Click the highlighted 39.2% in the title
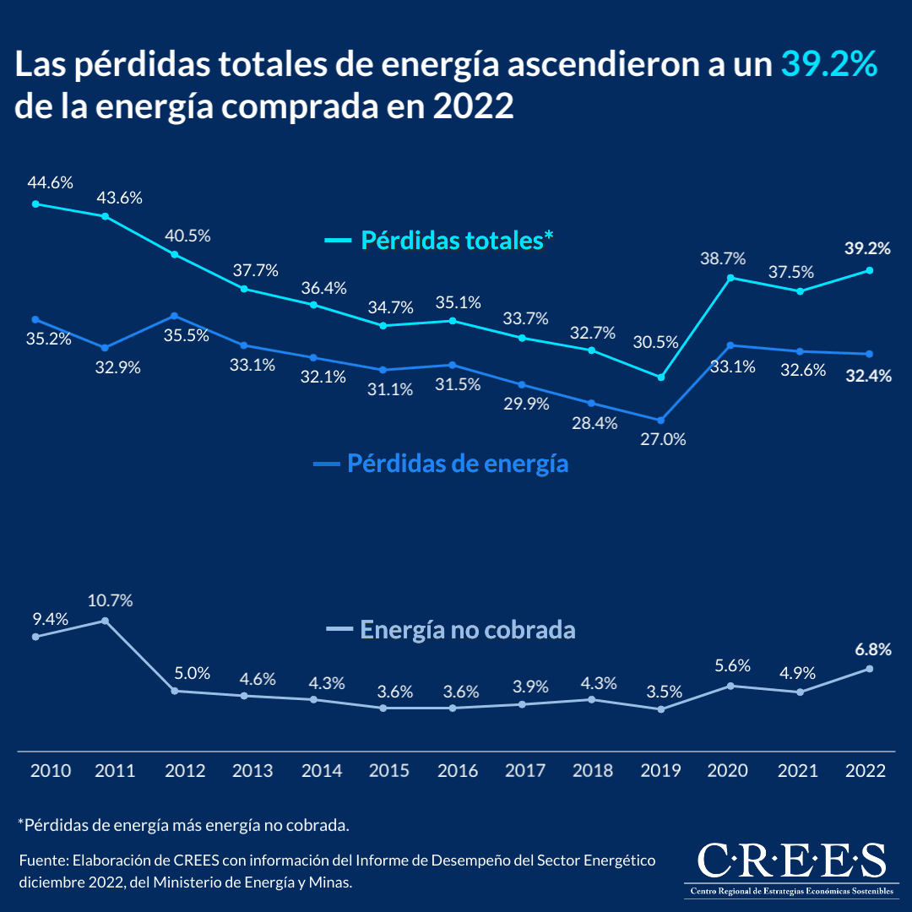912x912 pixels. (829, 65)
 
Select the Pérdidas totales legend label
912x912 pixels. (456, 240)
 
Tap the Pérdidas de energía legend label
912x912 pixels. (457, 464)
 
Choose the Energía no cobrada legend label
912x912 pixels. (468, 630)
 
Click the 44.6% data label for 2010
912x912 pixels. (51, 182)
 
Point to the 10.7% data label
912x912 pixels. (110, 600)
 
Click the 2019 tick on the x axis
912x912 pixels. (661, 770)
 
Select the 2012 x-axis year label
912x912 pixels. (185, 770)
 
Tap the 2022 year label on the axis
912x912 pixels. (866, 770)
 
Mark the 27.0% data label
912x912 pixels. (662, 439)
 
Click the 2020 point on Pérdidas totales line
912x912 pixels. (730, 278)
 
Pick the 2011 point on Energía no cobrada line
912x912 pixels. (105, 621)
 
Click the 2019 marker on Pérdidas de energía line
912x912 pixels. (661, 420)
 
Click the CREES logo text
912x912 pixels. (791, 861)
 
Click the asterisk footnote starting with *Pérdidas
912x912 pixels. (183, 823)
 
